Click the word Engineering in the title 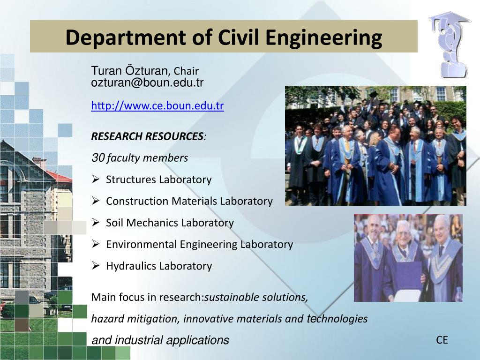click(323, 37)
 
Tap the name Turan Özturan click(129, 71)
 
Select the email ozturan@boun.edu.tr click(147, 83)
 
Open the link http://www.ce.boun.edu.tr click(157, 106)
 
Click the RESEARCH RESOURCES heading click(147, 136)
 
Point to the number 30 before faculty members click(97, 158)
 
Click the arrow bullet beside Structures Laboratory click(95, 180)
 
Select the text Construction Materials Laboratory click(189, 201)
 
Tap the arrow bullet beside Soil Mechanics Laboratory click(95, 223)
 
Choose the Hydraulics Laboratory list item click(159, 266)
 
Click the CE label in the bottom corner click(442, 340)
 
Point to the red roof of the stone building click(59, 176)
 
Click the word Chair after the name click(186, 71)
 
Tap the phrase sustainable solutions click(256, 297)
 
